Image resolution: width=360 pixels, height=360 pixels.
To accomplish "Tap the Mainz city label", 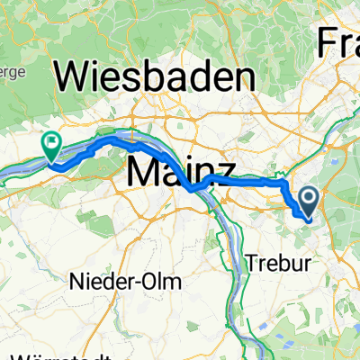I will pyautogui.click(x=182, y=172).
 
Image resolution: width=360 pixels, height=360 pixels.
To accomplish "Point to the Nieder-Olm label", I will pyautogui.click(x=125, y=282).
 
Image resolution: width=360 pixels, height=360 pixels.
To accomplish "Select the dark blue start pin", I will pyautogui.click(x=308, y=201).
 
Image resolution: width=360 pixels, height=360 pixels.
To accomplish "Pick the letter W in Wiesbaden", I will pyautogui.click(x=72, y=77).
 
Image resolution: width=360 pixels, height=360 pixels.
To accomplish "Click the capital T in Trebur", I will pyautogui.click(x=252, y=265).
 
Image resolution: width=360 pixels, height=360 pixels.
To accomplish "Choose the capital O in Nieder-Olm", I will pyautogui.click(x=150, y=282).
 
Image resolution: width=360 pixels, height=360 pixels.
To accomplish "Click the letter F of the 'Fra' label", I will pyautogui.click(x=324, y=41).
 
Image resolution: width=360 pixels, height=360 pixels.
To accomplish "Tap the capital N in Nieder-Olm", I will pyautogui.click(x=76, y=282).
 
